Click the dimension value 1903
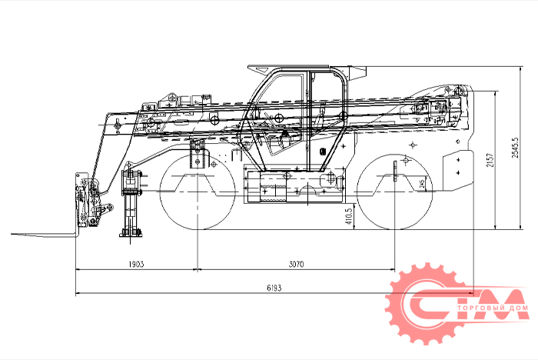tap(136, 264)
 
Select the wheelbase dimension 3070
tap(296, 264)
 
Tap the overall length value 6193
tap(274, 288)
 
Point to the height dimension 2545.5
tap(515, 148)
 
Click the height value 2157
tap(490, 160)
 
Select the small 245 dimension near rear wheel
tap(423, 183)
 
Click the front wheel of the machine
tap(198, 192)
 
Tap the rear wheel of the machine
tap(395, 192)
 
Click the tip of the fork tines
tap(12, 234)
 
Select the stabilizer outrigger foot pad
tap(131, 235)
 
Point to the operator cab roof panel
tap(288, 66)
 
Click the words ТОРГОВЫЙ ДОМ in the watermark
tap(493, 308)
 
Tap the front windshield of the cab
tap(261, 113)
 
